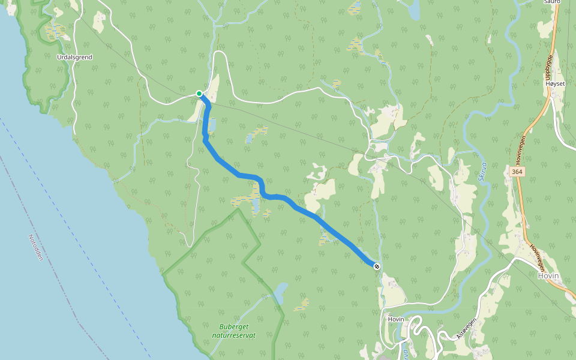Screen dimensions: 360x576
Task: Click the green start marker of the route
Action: click(x=199, y=93)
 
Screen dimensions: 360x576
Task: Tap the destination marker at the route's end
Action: click(x=376, y=266)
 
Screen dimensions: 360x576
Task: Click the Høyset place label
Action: click(x=556, y=83)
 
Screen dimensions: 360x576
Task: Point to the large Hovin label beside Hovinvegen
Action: click(x=548, y=276)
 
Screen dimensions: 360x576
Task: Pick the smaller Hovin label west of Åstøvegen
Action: click(x=396, y=319)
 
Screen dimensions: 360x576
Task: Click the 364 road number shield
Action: click(x=516, y=172)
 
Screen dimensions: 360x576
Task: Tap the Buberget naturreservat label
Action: click(x=233, y=331)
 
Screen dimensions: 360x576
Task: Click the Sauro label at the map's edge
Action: click(x=551, y=2)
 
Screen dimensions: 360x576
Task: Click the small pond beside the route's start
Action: click(x=211, y=125)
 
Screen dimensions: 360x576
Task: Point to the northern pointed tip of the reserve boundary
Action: click(x=239, y=209)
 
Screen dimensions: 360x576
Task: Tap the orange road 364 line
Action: click(x=524, y=204)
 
